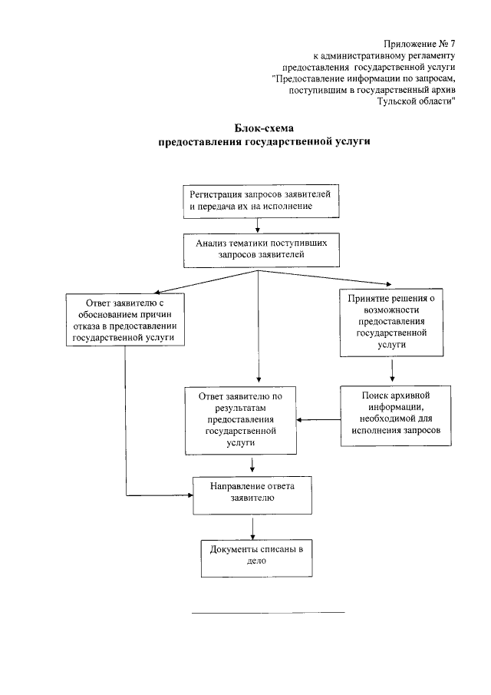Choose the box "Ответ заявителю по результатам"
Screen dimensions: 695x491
(x=240, y=419)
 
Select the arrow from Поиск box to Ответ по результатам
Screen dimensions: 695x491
(x=319, y=419)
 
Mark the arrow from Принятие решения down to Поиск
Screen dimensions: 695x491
(x=392, y=370)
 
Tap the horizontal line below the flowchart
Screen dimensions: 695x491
(x=268, y=612)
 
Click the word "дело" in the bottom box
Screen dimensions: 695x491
(x=256, y=561)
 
